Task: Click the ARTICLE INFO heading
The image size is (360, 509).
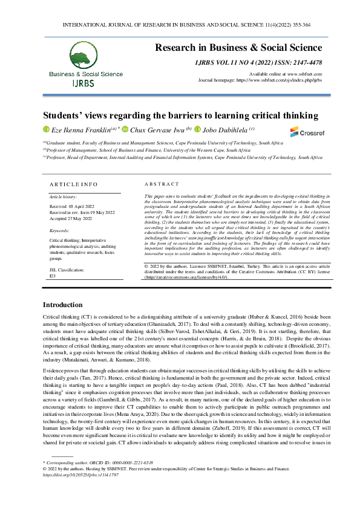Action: coord(73,184)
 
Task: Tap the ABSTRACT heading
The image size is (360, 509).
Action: coord(162,184)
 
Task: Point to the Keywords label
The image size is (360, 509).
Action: coord(59,230)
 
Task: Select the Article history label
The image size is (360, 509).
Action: coord(64,197)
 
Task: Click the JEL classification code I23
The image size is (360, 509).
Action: coord(52,275)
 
